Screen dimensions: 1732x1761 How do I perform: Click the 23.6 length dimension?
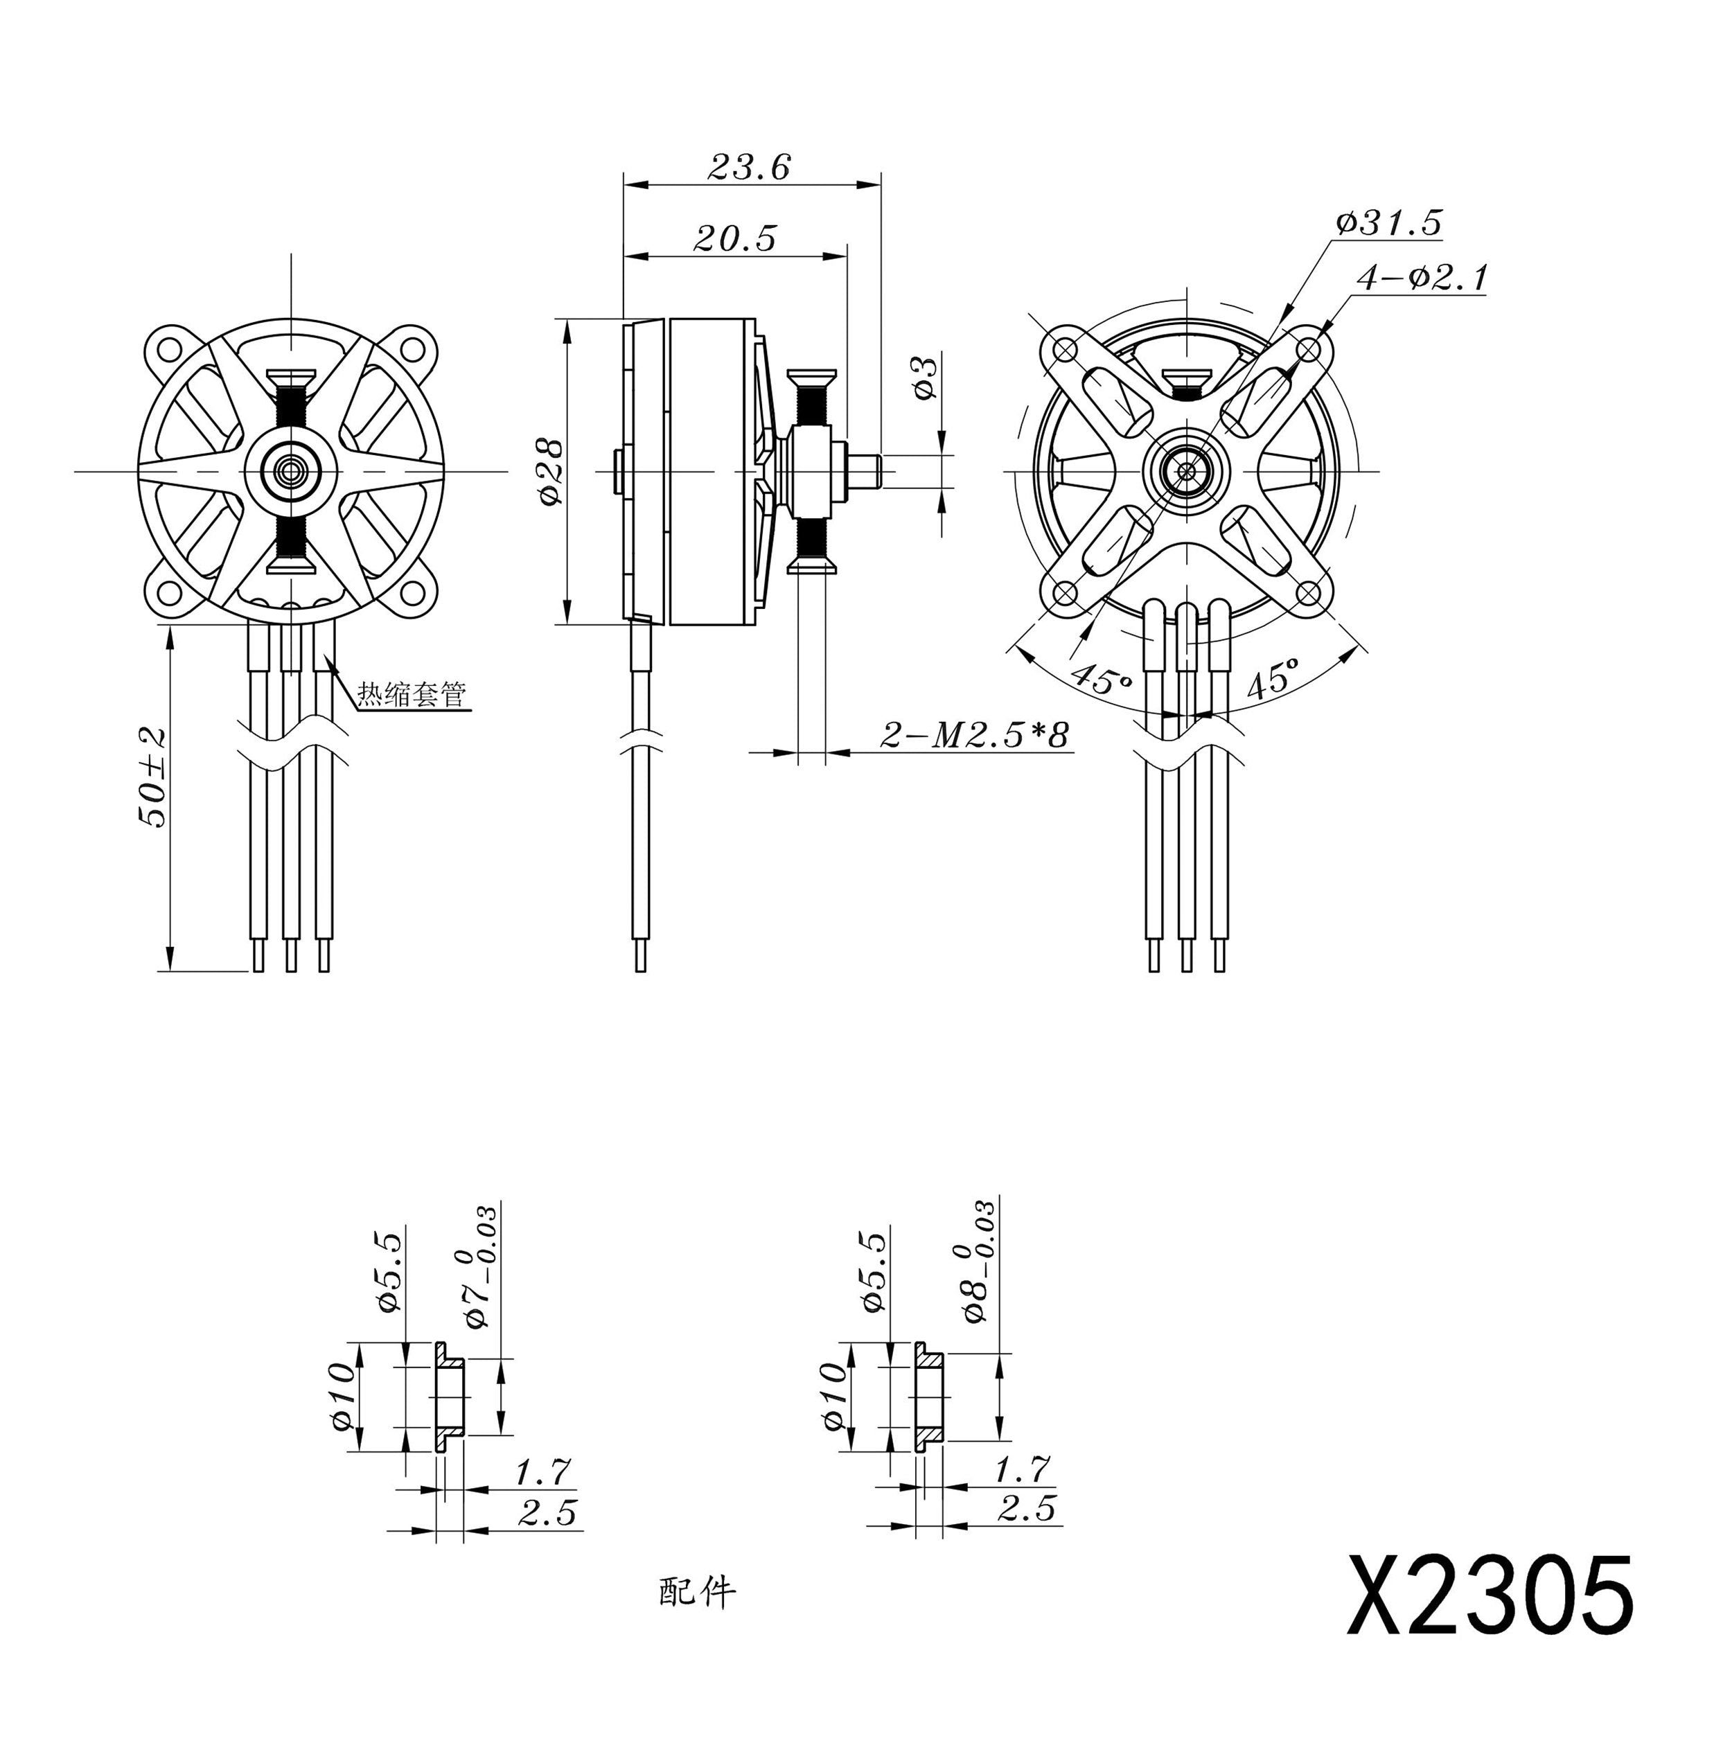[749, 166]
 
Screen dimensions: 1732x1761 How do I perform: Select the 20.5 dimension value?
[735, 238]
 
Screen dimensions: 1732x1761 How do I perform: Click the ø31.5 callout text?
[1389, 222]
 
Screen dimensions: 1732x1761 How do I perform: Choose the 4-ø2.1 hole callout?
[1422, 277]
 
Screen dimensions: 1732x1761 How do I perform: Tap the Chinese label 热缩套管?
[411, 694]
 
